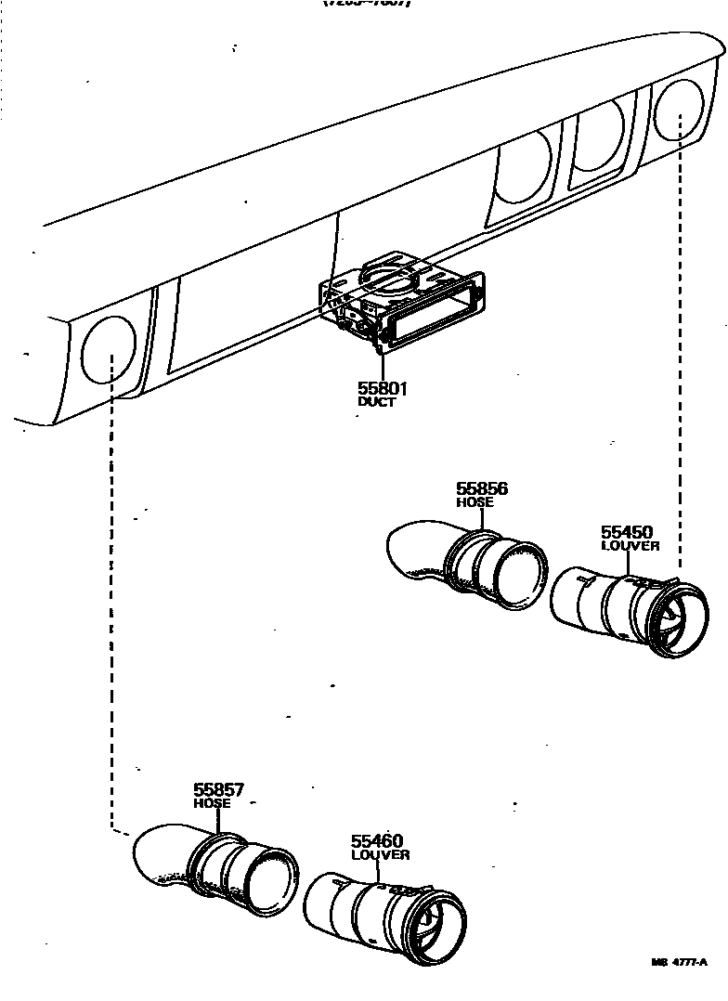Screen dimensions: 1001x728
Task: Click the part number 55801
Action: pyautogui.click(x=383, y=388)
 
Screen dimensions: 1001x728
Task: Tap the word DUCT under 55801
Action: pyautogui.click(x=376, y=402)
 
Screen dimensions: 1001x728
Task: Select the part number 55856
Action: pyautogui.click(x=482, y=488)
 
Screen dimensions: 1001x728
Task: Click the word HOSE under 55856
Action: pyautogui.click(x=474, y=502)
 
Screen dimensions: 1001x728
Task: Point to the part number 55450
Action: pyautogui.click(x=627, y=532)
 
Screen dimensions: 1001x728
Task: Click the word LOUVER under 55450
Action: pyautogui.click(x=630, y=546)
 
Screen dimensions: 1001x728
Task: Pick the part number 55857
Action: pyautogui.click(x=218, y=790)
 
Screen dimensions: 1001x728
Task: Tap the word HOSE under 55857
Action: pyautogui.click(x=212, y=803)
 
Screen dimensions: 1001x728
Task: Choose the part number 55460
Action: pyautogui.click(x=377, y=841)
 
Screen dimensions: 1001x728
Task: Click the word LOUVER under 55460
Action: pyautogui.click(x=380, y=854)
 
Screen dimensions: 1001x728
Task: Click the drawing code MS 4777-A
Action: pyautogui.click(x=685, y=962)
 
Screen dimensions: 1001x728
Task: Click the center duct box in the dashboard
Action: pyautogui.click(x=399, y=302)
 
